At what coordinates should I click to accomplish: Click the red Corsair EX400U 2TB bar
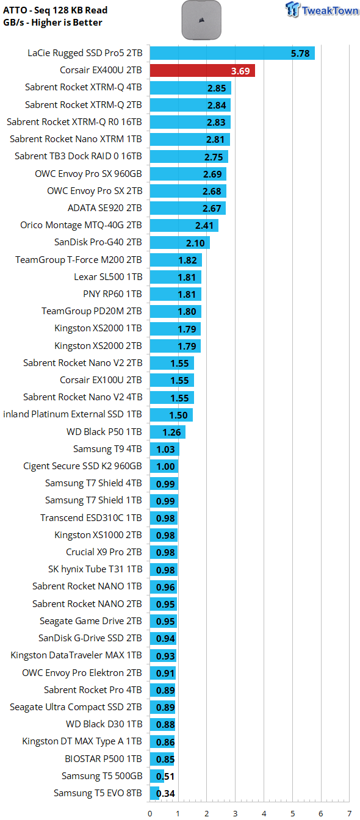point(202,71)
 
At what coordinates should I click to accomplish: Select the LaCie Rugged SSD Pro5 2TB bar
point(232,53)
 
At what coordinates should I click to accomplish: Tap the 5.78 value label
point(300,54)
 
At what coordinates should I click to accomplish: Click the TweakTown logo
point(322,10)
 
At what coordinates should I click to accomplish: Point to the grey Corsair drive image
point(201,20)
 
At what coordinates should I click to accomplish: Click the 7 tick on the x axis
point(350,813)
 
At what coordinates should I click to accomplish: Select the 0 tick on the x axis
point(149,813)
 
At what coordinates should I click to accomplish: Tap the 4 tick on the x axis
point(264,813)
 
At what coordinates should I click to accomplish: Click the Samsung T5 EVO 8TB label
point(98,793)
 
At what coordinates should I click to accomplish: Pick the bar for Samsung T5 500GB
point(157,776)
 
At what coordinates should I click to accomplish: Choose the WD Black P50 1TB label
point(104,431)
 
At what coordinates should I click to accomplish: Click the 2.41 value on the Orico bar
point(204,226)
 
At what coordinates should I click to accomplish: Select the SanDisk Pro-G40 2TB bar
point(180,243)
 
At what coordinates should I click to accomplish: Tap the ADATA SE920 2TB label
point(105,208)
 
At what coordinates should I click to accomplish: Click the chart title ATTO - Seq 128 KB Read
point(56,10)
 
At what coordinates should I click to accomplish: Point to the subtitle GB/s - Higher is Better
point(52,23)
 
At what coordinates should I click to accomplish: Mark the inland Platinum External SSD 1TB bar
point(171,415)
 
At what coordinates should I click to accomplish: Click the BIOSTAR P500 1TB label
point(103,758)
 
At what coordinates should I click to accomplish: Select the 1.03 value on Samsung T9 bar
point(165,450)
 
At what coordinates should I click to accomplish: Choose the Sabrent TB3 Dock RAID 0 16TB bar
point(189,157)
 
